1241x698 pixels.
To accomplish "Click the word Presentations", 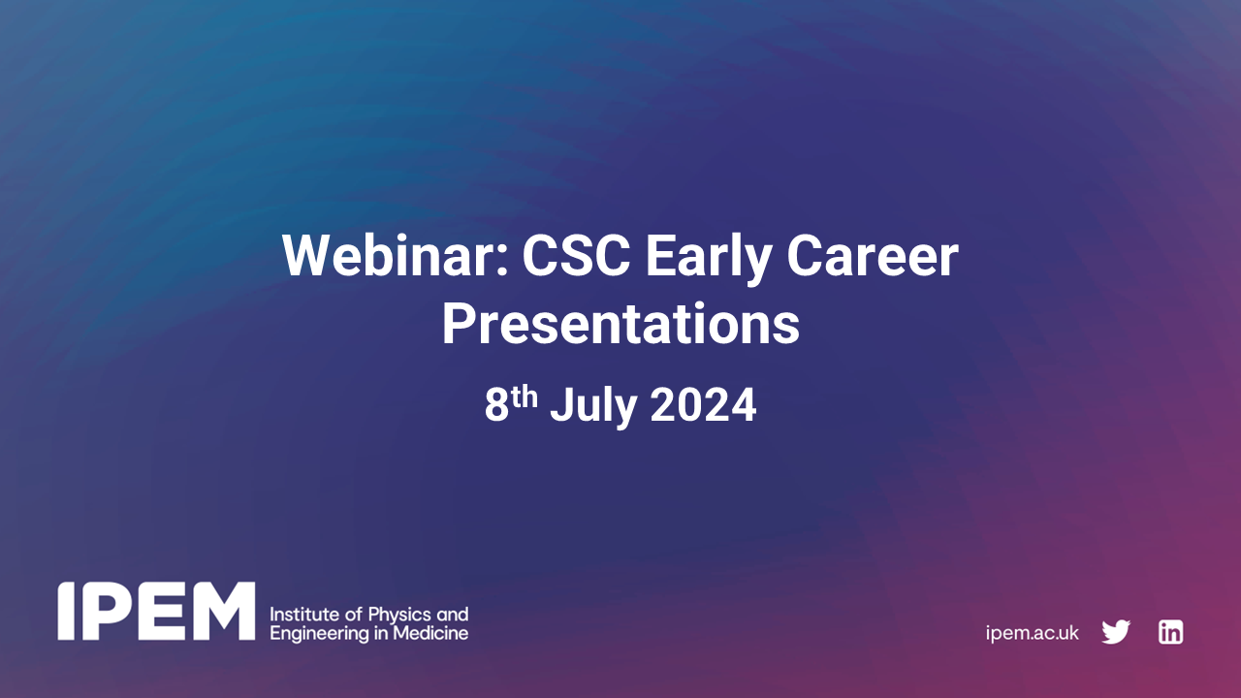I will (620, 325).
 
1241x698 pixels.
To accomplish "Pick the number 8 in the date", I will (496, 406).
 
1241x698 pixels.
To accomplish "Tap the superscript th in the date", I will (525, 396).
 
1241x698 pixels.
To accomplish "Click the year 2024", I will (703, 406).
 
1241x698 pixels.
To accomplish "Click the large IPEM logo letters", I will (156, 612).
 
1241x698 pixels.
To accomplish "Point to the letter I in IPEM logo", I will (65, 612).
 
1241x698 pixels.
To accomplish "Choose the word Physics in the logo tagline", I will (379, 615).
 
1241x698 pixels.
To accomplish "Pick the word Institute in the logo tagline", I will (300, 615).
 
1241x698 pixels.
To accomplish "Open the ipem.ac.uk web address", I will (1032, 633).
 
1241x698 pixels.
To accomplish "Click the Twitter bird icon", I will (1116, 632).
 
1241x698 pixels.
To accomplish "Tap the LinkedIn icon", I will (1170, 632).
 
